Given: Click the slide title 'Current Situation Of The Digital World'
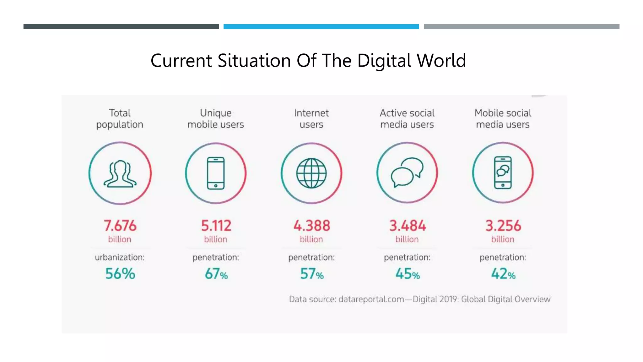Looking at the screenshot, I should click(x=308, y=60).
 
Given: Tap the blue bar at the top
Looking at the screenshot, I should click(x=321, y=27).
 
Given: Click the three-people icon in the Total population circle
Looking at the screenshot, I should click(x=120, y=174).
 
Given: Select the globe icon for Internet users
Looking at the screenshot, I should click(x=311, y=173).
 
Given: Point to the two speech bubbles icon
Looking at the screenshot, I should click(x=407, y=172).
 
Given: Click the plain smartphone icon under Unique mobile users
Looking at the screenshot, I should click(x=216, y=173).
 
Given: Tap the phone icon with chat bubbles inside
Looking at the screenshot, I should click(x=503, y=173).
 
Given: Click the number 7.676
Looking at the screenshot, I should click(x=120, y=226).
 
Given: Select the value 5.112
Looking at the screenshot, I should click(x=216, y=226).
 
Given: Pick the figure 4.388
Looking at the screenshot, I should click(x=311, y=226).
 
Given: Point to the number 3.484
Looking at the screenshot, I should click(x=407, y=226).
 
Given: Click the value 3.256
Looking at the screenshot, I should click(x=503, y=226).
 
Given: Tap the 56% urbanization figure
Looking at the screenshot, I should click(x=120, y=274).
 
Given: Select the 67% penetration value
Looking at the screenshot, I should click(x=216, y=274).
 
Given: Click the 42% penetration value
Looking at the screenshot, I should click(x=503, y=274).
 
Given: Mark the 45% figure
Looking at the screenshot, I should click(x=407, y=274).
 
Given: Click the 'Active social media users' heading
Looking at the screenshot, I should click(x=407, y=118).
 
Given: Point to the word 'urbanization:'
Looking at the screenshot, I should click(x=120, y=257).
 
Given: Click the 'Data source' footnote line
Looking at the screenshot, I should click(x=419, y=299).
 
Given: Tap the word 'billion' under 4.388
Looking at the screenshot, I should click(x=311, y=239).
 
